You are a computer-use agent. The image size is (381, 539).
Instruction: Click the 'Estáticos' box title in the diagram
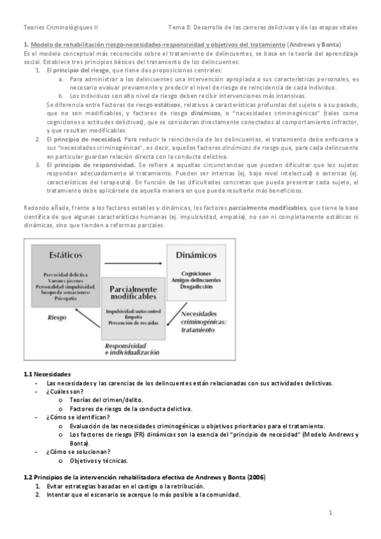[x=66, y=255]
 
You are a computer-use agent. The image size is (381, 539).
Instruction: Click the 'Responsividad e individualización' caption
[x=133, y=348]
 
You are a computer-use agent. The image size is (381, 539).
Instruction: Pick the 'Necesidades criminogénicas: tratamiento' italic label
[x=205, y=322]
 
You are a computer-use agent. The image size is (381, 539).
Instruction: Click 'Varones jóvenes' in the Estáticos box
[x=66, y=280]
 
